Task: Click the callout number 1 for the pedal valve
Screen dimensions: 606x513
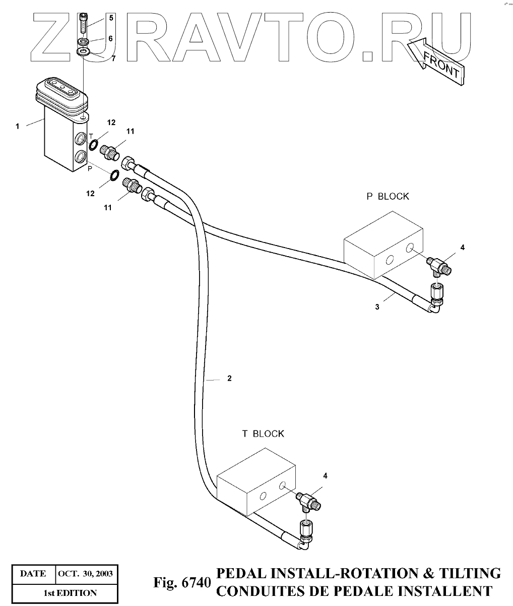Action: click(x=17, y=126)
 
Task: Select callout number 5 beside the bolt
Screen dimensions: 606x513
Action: click(x=111, y=18)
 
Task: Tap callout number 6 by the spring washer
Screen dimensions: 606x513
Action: click(x=111, y=38)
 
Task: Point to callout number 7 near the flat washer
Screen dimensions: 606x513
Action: click(x=113, y=58)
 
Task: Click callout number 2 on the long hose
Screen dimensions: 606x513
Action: click(x=229, y=379)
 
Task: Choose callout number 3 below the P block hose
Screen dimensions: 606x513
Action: click(x=377, y=307)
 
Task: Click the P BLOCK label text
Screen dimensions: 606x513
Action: click(x=388, y=197)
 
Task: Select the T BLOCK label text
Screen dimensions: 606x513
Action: click(x=263, y=434)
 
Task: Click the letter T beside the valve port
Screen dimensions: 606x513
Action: click(x=91, y=136)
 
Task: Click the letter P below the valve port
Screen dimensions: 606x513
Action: click(x=90, y=169)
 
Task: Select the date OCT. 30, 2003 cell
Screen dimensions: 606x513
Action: click(x=85, y=574)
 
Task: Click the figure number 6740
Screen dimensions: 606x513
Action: click(x=195, y=583)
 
